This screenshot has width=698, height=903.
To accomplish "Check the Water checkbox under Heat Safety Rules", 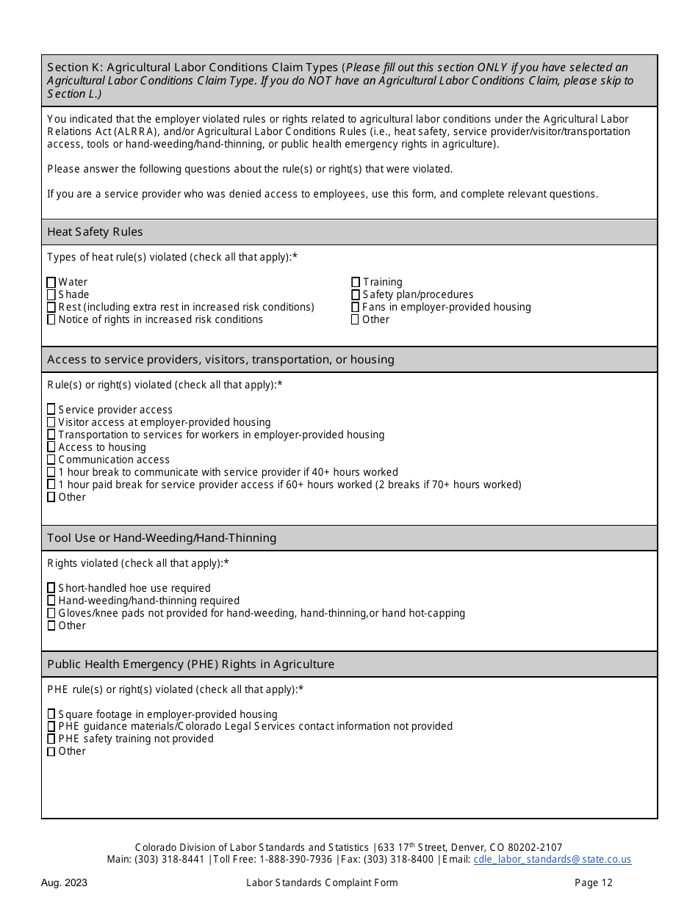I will tap(51, 283).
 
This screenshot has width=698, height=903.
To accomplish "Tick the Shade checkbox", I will tap(51, 295).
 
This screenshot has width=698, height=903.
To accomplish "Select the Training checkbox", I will tap(356, 283).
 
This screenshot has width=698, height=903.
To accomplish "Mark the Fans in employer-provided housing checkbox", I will tap(356, 308).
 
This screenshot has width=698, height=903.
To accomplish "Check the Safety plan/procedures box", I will tap(356, 295).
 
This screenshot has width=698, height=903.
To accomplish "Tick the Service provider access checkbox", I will tap(51, 410).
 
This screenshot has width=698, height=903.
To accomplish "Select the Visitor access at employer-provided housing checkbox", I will tap(51, 422).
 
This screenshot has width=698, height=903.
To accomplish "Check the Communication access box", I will tap(51, 460).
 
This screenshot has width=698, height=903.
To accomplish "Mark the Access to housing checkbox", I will tap(51, 447).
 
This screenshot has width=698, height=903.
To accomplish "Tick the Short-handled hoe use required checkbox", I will tap(51, 588).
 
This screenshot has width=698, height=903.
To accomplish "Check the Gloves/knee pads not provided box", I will tap(51, 613).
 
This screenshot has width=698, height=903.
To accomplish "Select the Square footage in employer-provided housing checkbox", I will tap(51, 714).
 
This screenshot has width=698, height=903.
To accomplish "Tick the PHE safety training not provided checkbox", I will tap(51, 739).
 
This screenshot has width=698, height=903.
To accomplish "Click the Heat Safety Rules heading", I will tap(96, 232).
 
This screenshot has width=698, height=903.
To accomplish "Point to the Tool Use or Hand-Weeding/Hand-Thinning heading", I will tap(162, 538).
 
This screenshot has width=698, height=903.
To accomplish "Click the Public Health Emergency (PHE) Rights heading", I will tap(190, 664).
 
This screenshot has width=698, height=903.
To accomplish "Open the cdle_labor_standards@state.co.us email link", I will tap(552, 860).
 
